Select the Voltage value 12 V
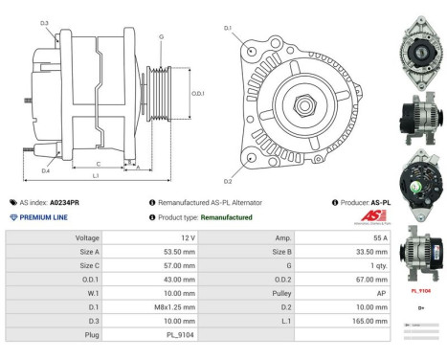(188, 236)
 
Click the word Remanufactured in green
(226, 217)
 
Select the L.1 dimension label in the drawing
(96, 176)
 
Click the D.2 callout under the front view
(229, 181)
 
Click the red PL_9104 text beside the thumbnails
(420, 288)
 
